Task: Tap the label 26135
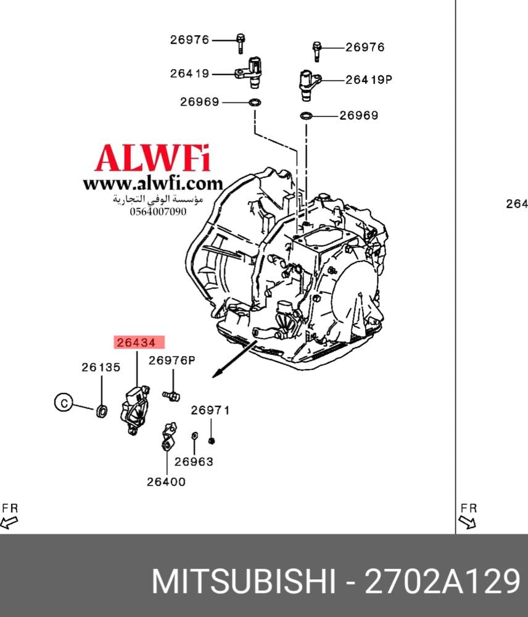pyautogui.click(x=101, y=367)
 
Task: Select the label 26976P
pyautogui.click(x=171, y=361)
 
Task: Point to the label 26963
pyautogui.click(x=193, y=461)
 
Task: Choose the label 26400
pyautogui.click(x=166, y=482)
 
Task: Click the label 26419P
pyautogui.click(x=369, y=80)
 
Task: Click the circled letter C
pyautogui.click(x=62, y=403)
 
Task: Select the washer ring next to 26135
pyautogui.click(x=102, y=409)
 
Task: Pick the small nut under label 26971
pyautogui.click(x=211, y=440)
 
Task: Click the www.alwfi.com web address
pyautogui.click(x=152, y=183)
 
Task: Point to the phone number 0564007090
pyautogui.click(x=158, y=212)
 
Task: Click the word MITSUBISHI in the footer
pyautogui.click(x=244, y=581)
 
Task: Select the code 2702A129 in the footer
pyautogui.click(x=442, y=581)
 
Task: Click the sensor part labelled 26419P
pyautogui.click(x=308, y=81)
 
